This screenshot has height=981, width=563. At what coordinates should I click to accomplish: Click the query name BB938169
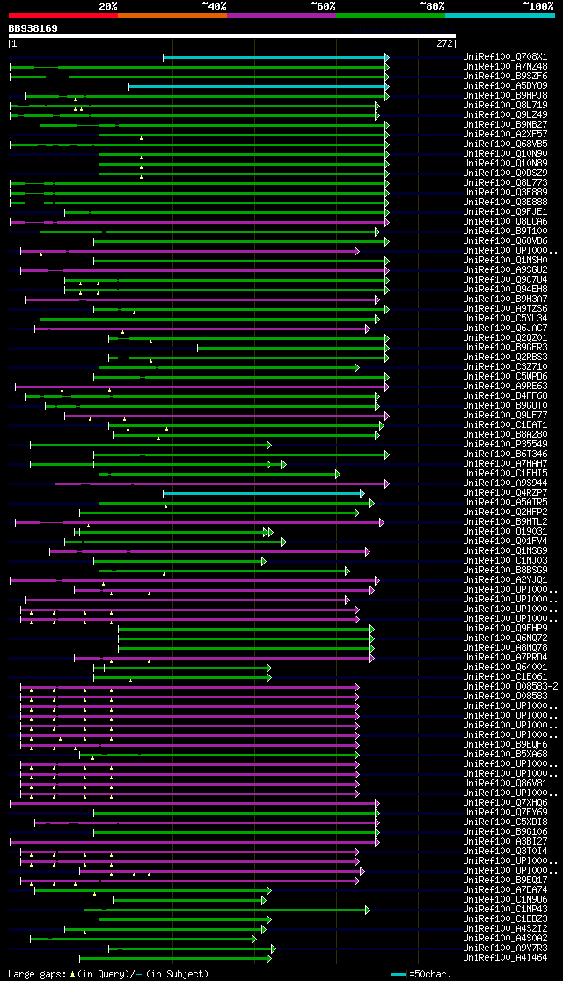33,28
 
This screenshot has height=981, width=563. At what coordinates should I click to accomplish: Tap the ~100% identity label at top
537,5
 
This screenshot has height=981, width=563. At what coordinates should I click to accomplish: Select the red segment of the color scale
62,15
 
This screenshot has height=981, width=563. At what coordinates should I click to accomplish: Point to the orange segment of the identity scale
172,15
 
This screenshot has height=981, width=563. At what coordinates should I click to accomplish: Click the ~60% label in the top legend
322,5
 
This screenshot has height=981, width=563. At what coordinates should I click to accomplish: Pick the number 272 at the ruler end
444,42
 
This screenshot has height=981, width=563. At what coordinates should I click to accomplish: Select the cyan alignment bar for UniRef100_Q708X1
273,57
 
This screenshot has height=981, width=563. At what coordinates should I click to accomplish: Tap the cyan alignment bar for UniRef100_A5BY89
255,86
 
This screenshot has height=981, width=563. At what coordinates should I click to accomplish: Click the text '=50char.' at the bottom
430,974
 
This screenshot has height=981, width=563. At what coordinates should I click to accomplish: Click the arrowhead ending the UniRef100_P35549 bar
269,445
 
